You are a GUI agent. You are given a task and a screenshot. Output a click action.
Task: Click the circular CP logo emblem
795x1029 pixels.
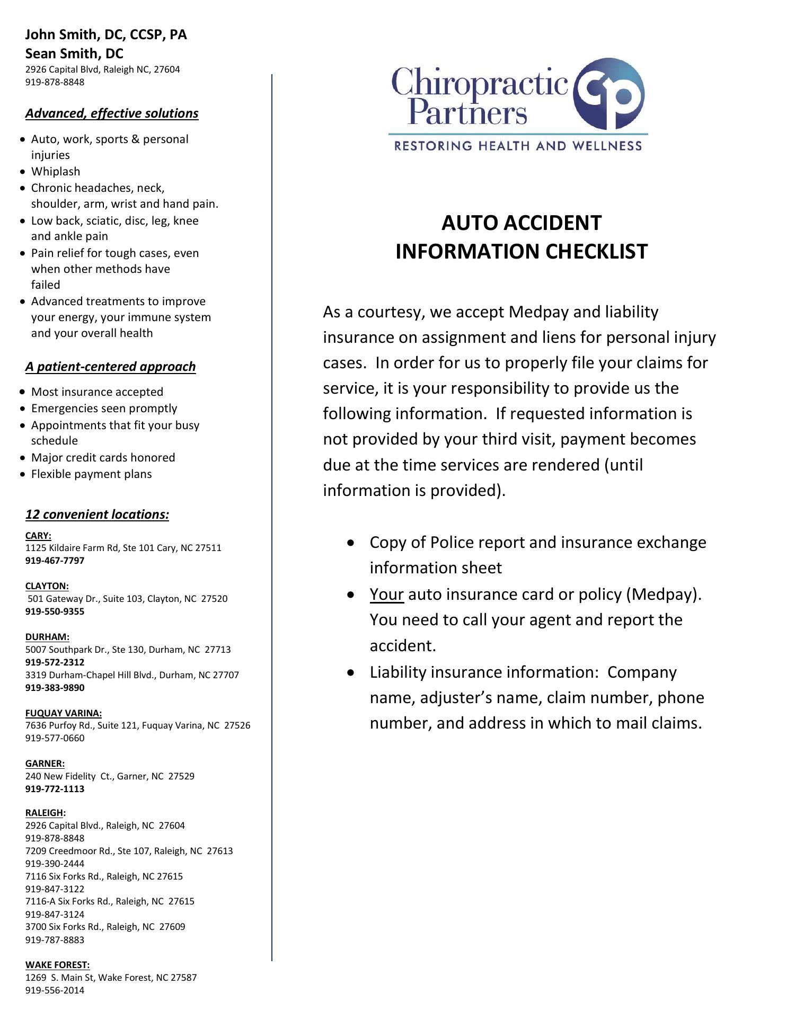(x=609, y=94)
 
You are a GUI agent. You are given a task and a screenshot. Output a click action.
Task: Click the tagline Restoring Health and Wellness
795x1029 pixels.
(x=518, y=146)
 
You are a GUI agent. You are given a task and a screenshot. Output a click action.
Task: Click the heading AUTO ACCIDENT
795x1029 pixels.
(x=522, y=223)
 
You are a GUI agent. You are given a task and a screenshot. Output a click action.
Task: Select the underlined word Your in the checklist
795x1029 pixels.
(x=386, y=595)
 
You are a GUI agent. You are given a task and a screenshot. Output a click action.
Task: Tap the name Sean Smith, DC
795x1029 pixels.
(x=74, y=54)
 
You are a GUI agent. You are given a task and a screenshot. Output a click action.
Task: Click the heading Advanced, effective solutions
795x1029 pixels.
(x=112, y=113)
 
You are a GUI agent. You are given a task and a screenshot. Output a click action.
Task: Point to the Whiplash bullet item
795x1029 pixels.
(x=56, y=172)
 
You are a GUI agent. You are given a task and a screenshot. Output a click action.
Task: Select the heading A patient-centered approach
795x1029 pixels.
(x=110, y=367)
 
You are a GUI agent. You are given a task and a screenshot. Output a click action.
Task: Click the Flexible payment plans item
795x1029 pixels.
(x=91, y=474)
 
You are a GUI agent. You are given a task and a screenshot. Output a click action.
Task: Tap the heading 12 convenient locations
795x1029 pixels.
(x=97, y=514)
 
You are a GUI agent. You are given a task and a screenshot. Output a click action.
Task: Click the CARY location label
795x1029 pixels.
(x=38, y=536)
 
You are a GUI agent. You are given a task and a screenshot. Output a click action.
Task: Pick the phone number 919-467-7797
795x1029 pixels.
(x=55, y=561)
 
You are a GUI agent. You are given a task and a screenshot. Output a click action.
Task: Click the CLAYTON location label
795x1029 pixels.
(x=47, y=586)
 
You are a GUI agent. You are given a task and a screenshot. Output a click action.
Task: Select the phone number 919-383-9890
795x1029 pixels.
(x=55, y=688)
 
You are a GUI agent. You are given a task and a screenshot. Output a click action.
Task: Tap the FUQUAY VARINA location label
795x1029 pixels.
(x=64, y=713)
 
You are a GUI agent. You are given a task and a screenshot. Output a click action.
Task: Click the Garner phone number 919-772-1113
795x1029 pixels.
(x=55, y=789)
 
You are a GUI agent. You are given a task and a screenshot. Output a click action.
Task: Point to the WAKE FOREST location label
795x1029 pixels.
(x=57, y=965)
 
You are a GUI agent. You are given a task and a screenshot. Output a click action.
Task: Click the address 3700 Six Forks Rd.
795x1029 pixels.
(x=105, y=927)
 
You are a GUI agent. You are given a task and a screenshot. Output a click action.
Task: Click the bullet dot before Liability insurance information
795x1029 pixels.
(x=351, y=672)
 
